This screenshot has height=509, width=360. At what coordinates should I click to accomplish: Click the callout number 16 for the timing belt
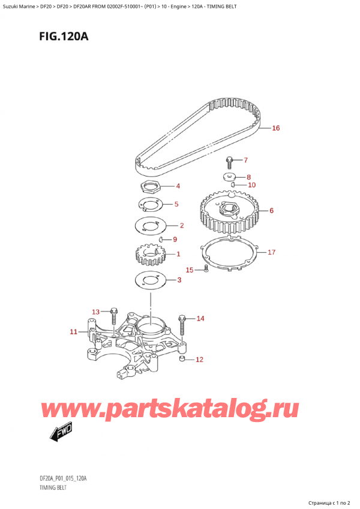point(275,128)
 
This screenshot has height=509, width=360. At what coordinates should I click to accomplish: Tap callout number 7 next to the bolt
point(244,160)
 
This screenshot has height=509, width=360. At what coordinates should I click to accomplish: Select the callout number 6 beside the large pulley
point(271,210)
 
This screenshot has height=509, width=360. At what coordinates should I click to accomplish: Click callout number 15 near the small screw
point(189,270)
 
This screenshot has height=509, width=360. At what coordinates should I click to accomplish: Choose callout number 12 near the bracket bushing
point(200,360)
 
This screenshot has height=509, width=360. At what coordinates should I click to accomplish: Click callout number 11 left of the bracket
point(73,331)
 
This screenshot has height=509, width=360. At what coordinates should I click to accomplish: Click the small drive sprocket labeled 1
point(146,256)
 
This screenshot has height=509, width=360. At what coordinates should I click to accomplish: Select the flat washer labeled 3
point(146,280)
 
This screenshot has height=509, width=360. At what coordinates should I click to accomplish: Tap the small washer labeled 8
point(229,177)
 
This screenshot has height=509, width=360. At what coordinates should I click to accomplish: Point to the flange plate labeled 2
point(149,227)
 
